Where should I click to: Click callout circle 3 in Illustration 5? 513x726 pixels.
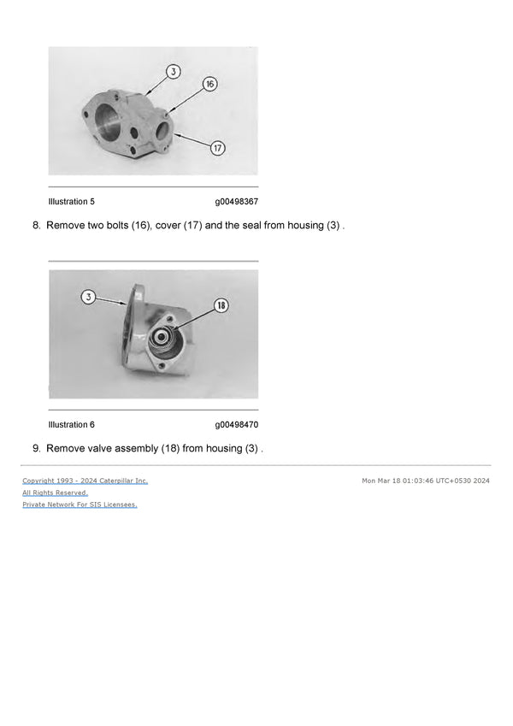[174, 72]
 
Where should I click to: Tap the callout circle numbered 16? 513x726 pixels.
[209, 84]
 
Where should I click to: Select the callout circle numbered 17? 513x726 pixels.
[218, 148]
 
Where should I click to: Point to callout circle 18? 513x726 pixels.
[221, 305]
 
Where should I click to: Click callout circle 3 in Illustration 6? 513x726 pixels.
[89, 297]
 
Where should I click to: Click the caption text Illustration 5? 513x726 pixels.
[72, 202]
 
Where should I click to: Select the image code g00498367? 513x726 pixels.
[236, 202]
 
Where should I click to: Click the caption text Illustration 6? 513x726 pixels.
[72, 425]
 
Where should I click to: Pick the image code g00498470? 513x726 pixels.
[236, 425]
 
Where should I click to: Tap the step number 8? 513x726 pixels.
[37, 226]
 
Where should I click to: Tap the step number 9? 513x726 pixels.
[37, 448]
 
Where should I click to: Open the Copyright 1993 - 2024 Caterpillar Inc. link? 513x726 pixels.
[85, 481]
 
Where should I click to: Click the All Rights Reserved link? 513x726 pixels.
[55, 493]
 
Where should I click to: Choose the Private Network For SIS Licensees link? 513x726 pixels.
[80, 505]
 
